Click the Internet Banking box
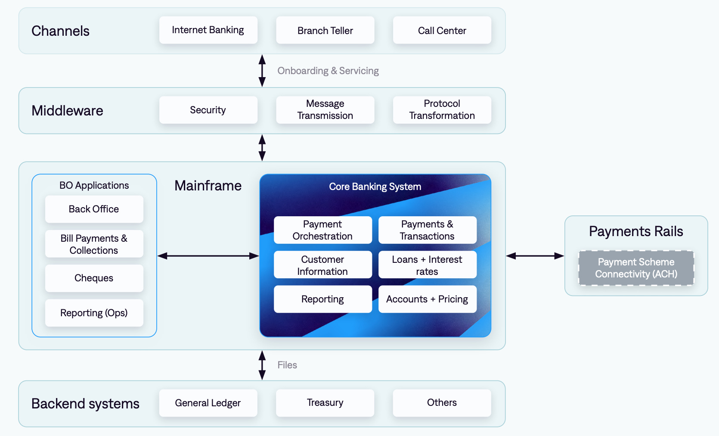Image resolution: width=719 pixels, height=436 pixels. click(x=208, y=30)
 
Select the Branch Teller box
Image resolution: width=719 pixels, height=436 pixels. click(x=325, y=30)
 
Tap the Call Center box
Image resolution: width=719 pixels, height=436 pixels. click(x=442, y=30)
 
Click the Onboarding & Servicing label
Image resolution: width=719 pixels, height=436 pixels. click(x=328, y=71)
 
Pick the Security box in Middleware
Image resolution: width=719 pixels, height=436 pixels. click(x=208, y=110)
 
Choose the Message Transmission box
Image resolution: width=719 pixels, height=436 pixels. click(x=325, y=110)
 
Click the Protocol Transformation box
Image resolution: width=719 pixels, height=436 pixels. click(x=442, y=110)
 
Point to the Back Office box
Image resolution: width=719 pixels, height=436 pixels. click(x=94, y=209)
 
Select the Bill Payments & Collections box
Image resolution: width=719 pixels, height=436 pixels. click(x=94, y=244)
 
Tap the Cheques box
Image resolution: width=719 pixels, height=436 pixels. click(x=94, y=278)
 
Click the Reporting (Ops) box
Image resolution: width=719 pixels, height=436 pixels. click(x=94, y=313)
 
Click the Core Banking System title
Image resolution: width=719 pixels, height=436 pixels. click(x=375, y=187)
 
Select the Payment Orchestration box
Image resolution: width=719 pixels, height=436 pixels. click(x=322, y=230)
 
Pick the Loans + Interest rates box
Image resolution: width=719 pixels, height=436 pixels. click(x=427, y=265)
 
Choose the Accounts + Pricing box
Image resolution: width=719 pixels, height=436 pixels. click(x=427, y=299)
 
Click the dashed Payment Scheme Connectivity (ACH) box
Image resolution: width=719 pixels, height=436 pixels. click(x=636, y=268)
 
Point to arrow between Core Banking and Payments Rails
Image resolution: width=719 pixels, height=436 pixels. click(x=535, y=256)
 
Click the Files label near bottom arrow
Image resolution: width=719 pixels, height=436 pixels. click(x=287, y=365)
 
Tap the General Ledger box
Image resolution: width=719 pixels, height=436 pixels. click(x=208, y=403)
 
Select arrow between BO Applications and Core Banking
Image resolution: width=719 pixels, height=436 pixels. click(x=208, y=256)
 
